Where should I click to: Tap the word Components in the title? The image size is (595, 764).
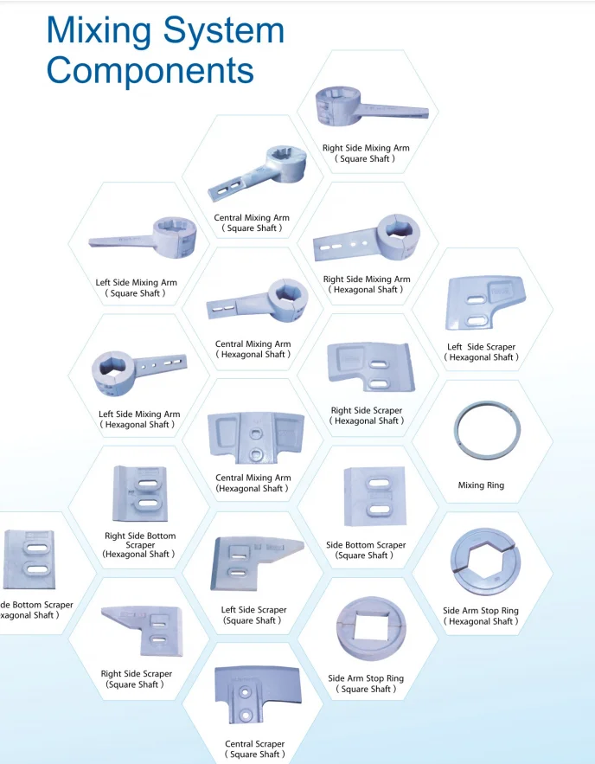[150, 69]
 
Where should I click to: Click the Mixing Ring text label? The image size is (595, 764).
[481, 485]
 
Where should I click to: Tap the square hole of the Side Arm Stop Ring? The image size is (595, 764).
[365, 625]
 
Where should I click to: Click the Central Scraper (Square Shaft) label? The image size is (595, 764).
[254, 749]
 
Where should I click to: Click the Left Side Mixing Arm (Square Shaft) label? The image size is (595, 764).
[136, 287]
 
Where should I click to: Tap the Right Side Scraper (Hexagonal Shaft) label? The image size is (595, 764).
[366, 415]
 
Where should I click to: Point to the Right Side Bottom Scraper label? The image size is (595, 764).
[139, 545]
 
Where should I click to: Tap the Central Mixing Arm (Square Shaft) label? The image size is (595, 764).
[252, 222]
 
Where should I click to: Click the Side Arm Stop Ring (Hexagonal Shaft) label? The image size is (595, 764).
[481, 616]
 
